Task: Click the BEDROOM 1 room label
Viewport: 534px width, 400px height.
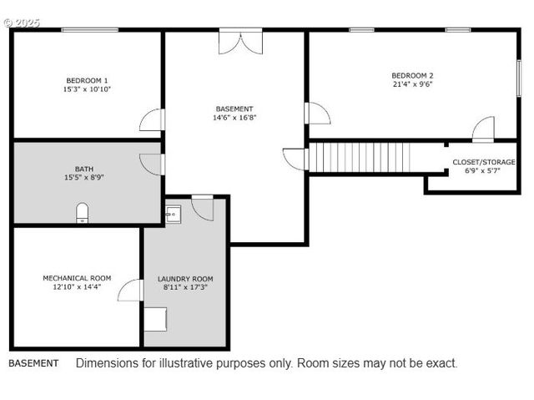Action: (x=87, y=80)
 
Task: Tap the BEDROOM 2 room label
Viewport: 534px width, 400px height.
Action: (x=412, y=75)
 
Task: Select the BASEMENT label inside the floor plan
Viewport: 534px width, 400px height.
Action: (x=234, y=109)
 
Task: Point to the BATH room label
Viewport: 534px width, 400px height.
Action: (x=83, y=169)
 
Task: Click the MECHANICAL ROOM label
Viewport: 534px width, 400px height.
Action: (x=77, y=278)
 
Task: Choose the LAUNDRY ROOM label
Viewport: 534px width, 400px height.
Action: (x=185, y=279)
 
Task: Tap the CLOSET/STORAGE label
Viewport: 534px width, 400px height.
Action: (x=484, y=162)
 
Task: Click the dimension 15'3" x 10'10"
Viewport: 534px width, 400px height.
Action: (x=87, y=89)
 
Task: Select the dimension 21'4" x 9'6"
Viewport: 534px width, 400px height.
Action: (x=412, y=84)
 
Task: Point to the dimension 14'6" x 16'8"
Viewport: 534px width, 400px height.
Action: (x=234, y=118)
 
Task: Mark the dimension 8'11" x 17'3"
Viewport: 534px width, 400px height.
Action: (x=185, y=288)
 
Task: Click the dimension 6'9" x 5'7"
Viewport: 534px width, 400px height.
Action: (x=484, y=171)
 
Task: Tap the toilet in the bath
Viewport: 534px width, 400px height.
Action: (x=82, y=214)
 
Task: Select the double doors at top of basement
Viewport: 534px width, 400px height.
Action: (x=240, y=42)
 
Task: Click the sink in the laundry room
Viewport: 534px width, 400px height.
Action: (x=174, y=214)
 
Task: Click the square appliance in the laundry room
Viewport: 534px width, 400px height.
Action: (x=155, y=319)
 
